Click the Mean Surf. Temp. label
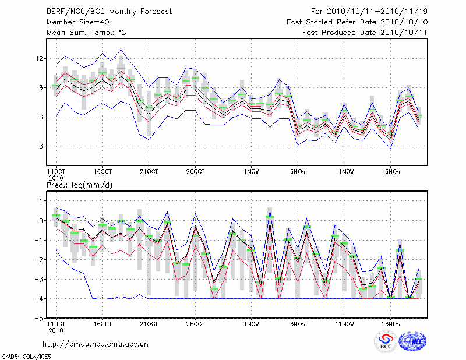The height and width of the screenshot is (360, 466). [x=86, y=33]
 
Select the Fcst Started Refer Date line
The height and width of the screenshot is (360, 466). [x=357, y=22]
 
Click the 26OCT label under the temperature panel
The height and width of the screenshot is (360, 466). [x=195, y=172]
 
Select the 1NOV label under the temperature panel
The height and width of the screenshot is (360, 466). [x=251, y=172]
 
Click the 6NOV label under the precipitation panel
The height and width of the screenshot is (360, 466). [x=298, y=323]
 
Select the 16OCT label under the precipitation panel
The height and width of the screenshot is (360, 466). [x=102, y=323]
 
